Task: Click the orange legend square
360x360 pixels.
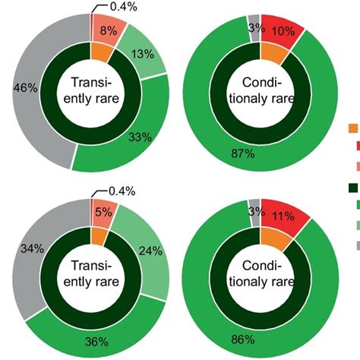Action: click(x=353, y=128)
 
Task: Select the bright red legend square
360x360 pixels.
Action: click(x=353, y=147)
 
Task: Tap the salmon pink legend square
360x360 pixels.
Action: click(x=353, y=166)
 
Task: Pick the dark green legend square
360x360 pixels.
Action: click(x=353, y=187)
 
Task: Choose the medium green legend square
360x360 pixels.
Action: click(x=353, y=205)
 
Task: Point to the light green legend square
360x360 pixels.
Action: click(x=353, y=225)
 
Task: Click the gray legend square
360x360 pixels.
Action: click(x=353, y=244)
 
